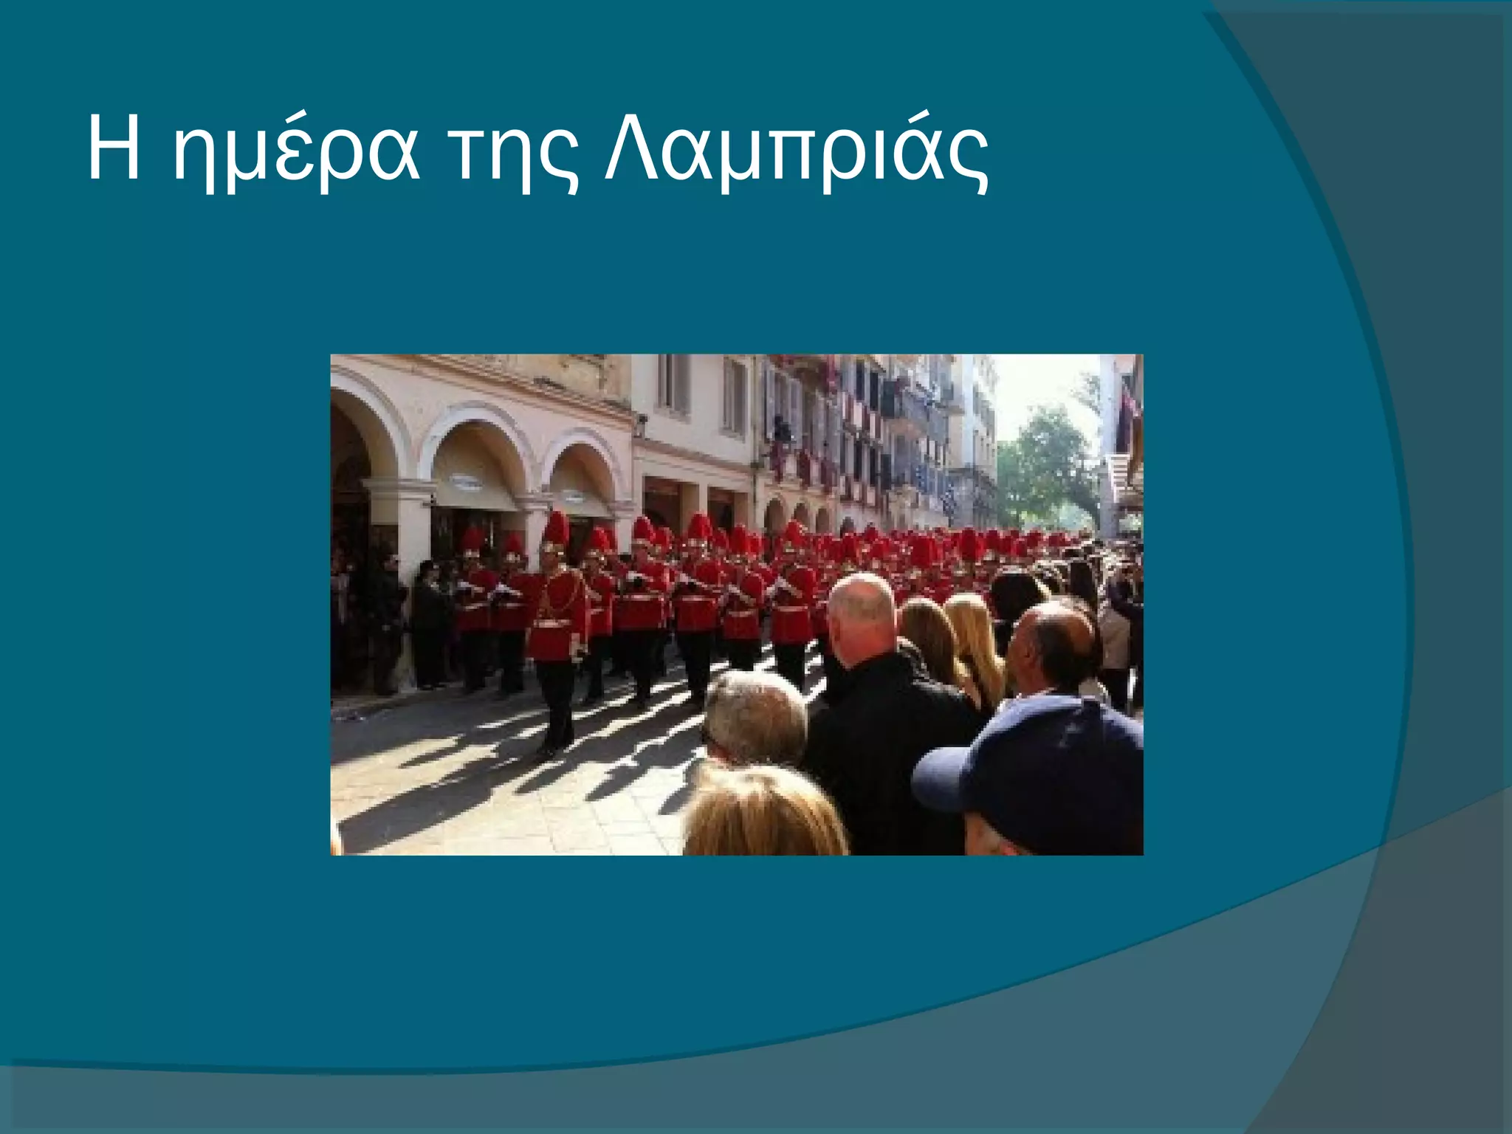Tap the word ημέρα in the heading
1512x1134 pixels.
point(295,155)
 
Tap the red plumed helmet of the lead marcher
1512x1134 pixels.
point(555,529)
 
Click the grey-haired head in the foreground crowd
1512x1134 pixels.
point(755,716)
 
